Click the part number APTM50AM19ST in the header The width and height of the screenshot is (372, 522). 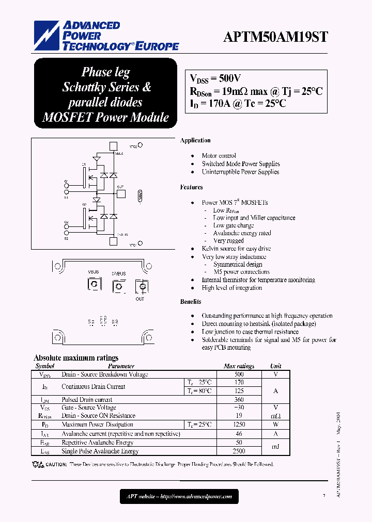[x=275, y=37]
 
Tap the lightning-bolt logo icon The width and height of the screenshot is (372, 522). [x=48, y=36]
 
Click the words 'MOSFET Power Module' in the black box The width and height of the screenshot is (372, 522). [x=105, y=117]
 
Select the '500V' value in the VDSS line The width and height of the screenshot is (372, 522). [x=230, y=78]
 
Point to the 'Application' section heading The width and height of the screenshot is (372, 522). [x=195, y=140]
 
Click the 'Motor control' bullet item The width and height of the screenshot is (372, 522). [x=219, y=156]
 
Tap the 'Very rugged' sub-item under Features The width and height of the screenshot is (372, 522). [x=228, y=241]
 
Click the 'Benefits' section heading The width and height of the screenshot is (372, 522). [x=191, y=302]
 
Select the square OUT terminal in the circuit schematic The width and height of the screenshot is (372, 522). [x=121, y=194]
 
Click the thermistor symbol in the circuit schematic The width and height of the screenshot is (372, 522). [x=138, y=197]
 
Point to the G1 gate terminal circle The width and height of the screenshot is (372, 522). [x=66, y=182]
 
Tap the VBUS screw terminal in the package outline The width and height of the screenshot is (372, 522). [x=94, y=285]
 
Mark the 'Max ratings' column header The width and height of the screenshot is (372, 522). [x=239, y=366]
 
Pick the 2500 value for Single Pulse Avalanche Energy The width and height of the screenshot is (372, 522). [x=239, y=451]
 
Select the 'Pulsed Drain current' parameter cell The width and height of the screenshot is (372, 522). [x=87, y=400]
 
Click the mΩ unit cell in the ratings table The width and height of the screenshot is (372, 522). [x=276, y=416]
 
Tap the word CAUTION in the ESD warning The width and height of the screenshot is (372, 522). [x=56, y=465]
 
